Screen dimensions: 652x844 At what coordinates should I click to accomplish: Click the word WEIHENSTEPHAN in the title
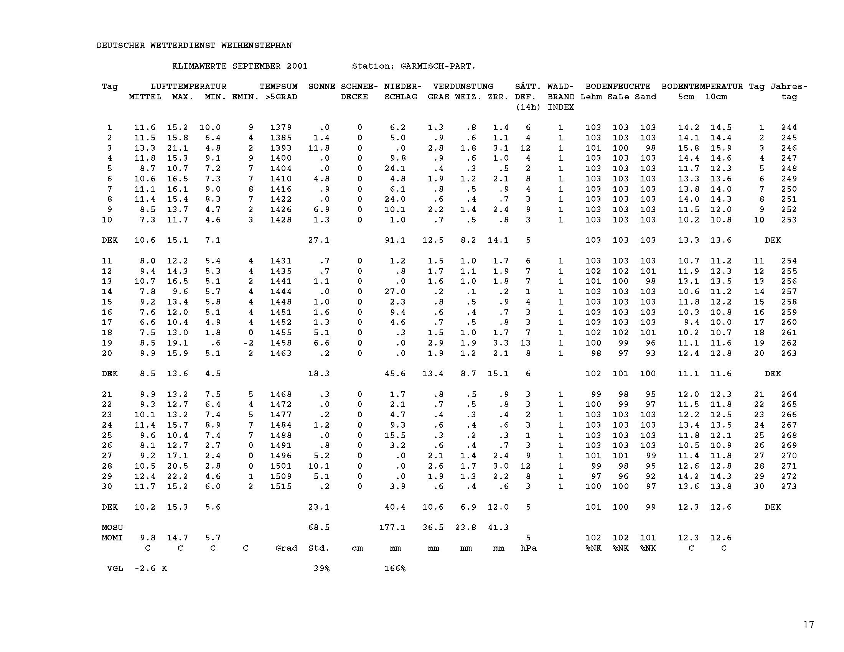[256, 46]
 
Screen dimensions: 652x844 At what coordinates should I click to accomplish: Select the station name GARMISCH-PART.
[438, 66]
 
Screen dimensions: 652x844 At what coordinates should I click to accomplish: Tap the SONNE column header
[321, 87]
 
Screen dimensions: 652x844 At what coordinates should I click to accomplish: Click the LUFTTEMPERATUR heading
[188, 87]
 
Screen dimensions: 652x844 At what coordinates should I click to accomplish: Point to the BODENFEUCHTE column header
[618, 87]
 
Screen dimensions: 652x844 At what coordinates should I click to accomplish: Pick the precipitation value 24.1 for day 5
[395, 168]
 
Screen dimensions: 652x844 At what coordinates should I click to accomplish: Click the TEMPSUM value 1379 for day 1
[281, 127]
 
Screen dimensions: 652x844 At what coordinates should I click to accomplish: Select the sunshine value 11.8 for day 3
[319, 148]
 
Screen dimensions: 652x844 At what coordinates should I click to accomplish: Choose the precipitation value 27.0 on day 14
[395, 291]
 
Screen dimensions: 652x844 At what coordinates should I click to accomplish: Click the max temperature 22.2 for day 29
[177, 476]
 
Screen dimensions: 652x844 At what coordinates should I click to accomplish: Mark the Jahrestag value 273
[789, 486]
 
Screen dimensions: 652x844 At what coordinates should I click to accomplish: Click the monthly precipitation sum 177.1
[392, 527]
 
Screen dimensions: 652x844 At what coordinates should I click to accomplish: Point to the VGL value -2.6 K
[150, 568]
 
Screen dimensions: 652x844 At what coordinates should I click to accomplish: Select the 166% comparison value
[395, 568]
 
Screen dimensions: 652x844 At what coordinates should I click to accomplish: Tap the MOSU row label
[112, 527]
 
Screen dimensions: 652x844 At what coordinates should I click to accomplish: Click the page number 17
[809, 624]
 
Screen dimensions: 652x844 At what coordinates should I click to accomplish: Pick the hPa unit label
[528, 548]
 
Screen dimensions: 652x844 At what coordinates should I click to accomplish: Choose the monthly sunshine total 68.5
[319, 527]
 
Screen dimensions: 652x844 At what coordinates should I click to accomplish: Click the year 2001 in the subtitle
[297, 66]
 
